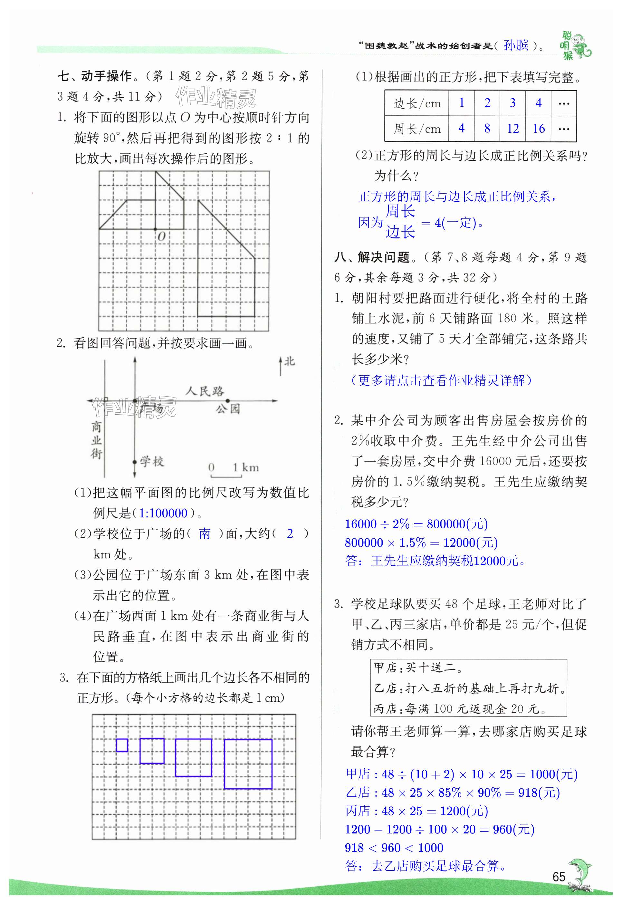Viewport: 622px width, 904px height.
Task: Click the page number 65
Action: (559, 876)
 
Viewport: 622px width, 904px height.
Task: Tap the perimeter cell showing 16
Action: (539, 128)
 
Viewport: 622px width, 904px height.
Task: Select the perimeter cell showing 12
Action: (512, 128)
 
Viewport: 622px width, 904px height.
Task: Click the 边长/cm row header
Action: (416, 103)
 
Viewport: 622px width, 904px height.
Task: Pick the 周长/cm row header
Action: (416, 128)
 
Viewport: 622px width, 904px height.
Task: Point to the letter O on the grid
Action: (161, 236)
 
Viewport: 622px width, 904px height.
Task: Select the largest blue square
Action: (248, 764)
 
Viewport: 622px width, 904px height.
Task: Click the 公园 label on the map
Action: (228, 409)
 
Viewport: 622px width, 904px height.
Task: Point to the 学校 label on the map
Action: (152, 462)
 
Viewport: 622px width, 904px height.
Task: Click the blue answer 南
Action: (205, 533)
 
